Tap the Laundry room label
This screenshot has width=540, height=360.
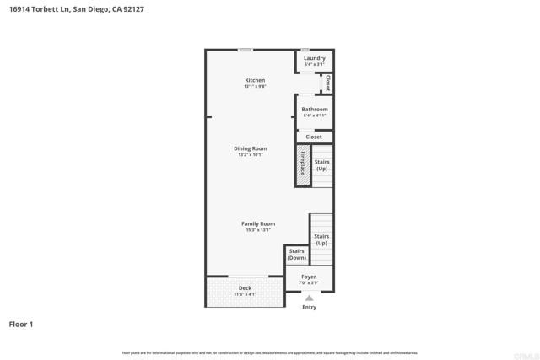pyautogui.click(x=314, y=58)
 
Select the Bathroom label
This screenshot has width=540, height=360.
pyautogui.click(x=314, y=109)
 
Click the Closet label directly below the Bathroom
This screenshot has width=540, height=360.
pyautogui.click(x=314, y=137)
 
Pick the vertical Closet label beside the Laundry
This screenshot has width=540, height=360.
pyautogui.click(x=327, y=83)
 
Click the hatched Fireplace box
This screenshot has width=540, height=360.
pyautogui.click(x=301, y=165)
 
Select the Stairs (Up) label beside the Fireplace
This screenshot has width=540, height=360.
pyautogui.click(x=321, y=165)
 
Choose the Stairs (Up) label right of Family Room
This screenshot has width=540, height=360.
pyautogui.click(x=321, y=239)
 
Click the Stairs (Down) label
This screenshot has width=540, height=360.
pyautogui.click(x=297, y=255)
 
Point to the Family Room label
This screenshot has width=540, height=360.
pyautogui.click(x=258, y=223)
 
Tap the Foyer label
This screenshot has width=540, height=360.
pyautogui.click(x=309, y=276)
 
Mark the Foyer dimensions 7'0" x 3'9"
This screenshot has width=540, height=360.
pyautogui.click(x=309, y=282)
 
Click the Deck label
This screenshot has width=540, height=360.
pyautogui.click(x=245, y=288)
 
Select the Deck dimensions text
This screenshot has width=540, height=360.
pyautogui.click(x=245, y=295)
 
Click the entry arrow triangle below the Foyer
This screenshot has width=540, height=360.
pyautogui.click(x=309, y=298)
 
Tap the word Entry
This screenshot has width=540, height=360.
pyautogui.click(x=310, y=307)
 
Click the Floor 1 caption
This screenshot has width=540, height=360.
pyautogui.click(x=21, y=324)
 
